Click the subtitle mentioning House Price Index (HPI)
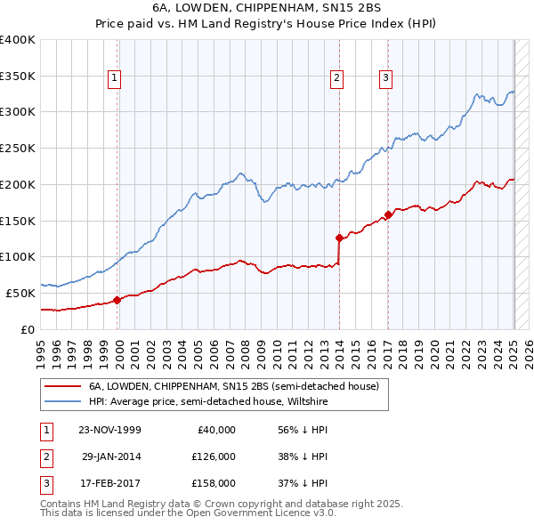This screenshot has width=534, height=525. [x=266, y=25]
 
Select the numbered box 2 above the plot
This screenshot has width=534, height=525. [x=337, y=78]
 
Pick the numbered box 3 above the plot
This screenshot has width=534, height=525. [x=386, y=78]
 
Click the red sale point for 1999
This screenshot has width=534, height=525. [x=117, y=300]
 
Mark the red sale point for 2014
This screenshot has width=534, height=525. [x=339, y=238]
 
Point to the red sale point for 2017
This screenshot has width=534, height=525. [x=388, y=214]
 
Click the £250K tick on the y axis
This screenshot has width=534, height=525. [x=18, y=149]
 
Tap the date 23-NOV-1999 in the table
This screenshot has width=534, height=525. [x=109, y=430]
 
